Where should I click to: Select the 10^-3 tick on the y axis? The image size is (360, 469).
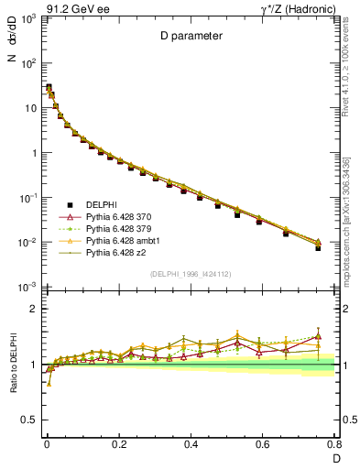tap(29, 288)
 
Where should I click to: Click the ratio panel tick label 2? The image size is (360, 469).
tap(34, 309)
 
